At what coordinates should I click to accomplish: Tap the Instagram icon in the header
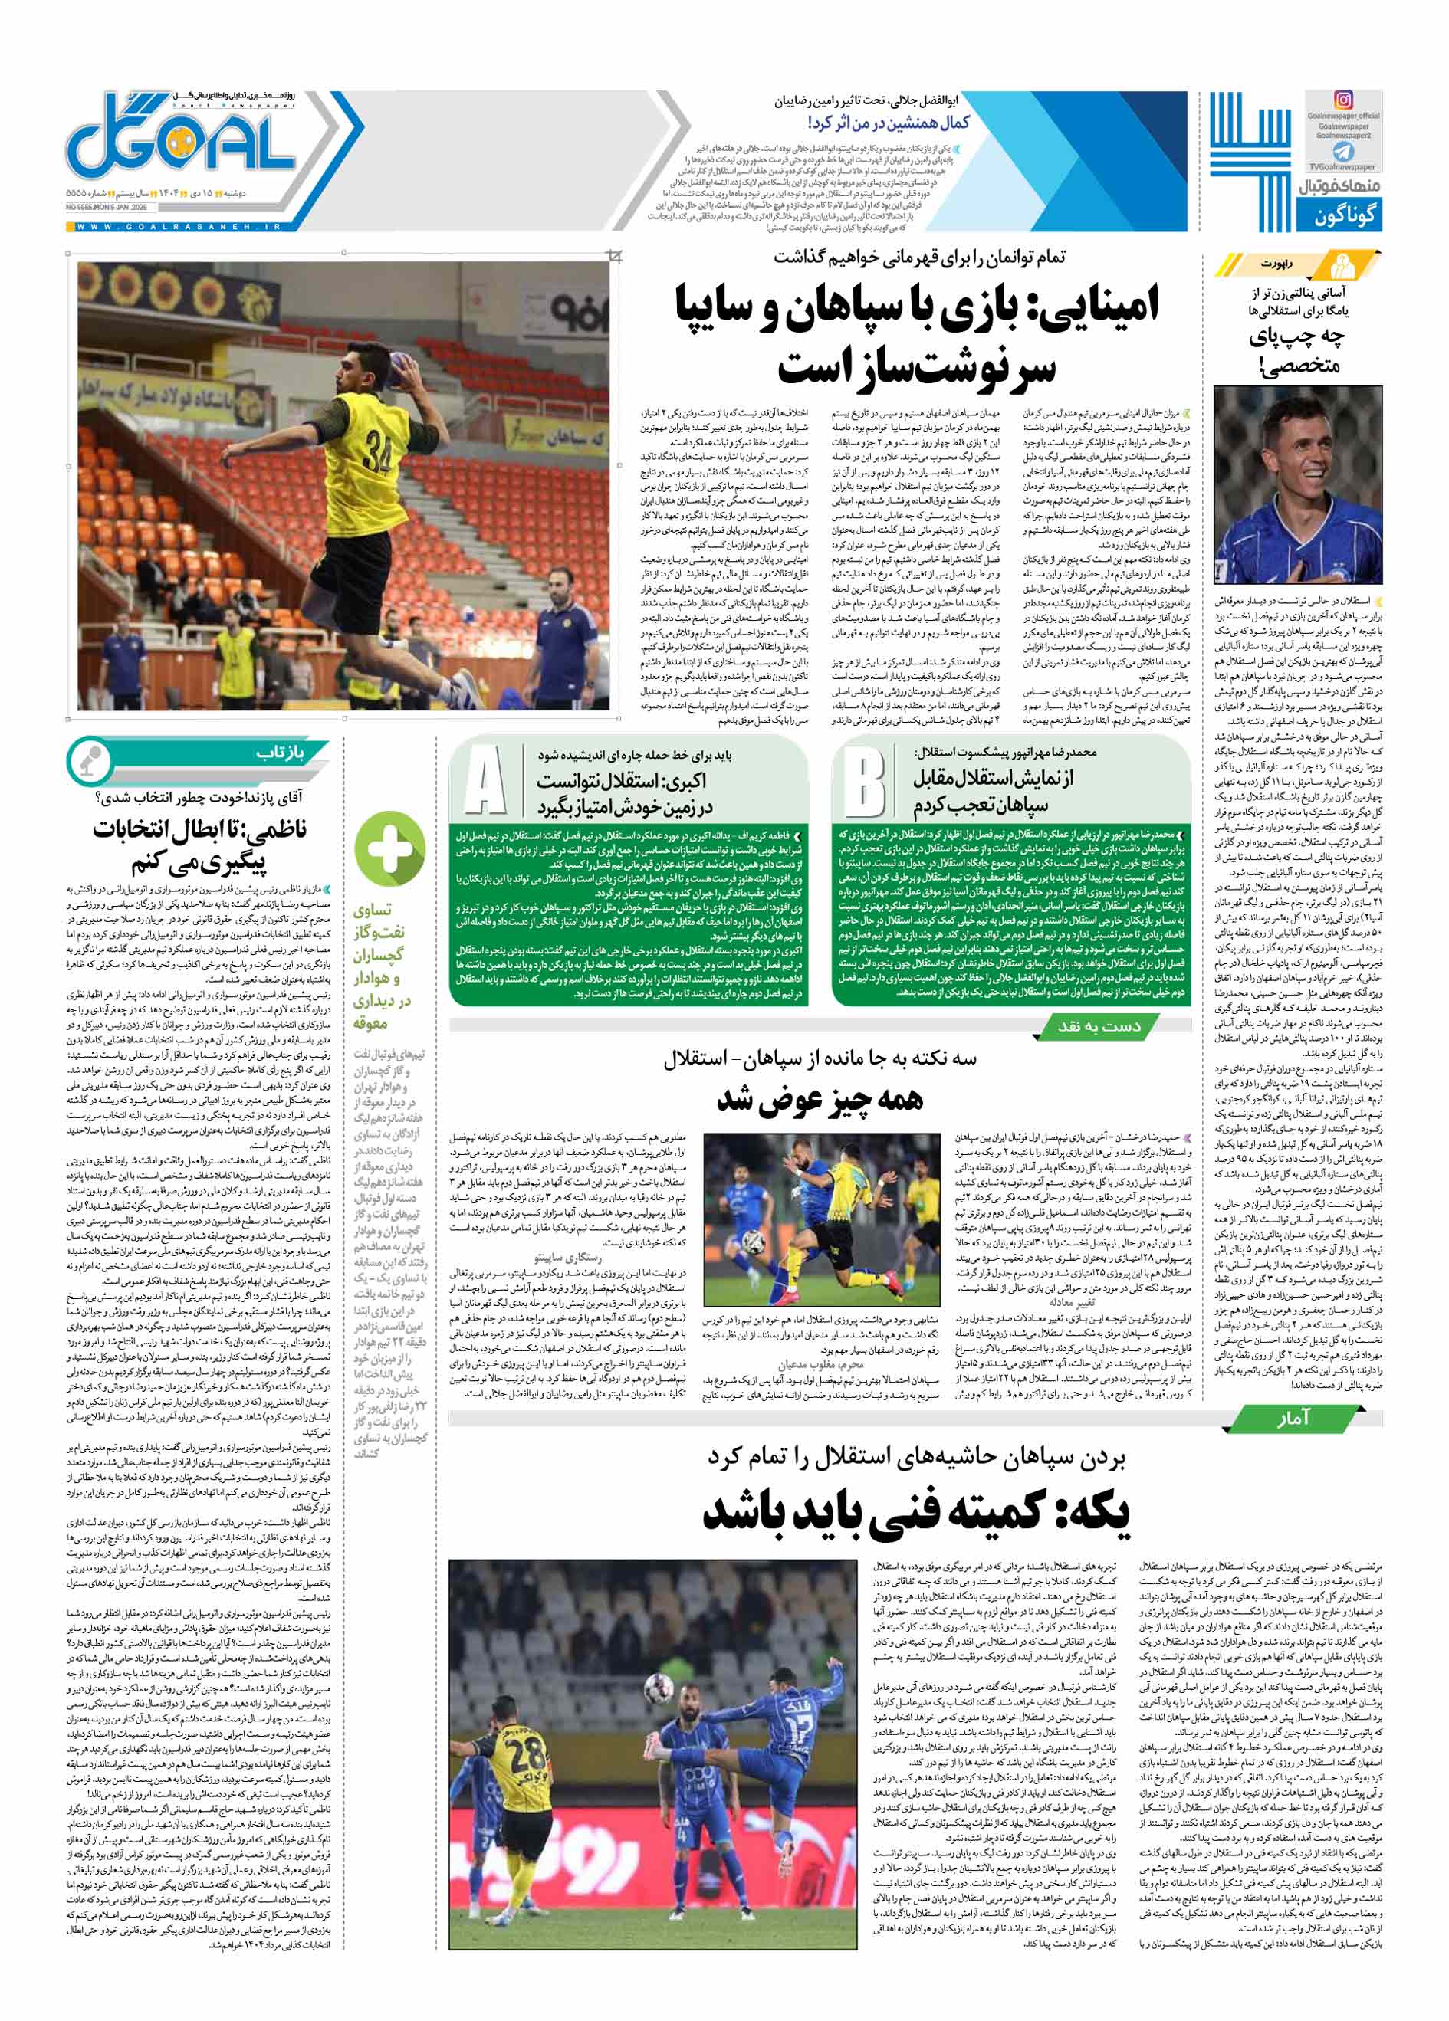point(1342,100)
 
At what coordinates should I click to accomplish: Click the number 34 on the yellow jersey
point(377,455)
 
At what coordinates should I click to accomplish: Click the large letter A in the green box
point(485,782)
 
